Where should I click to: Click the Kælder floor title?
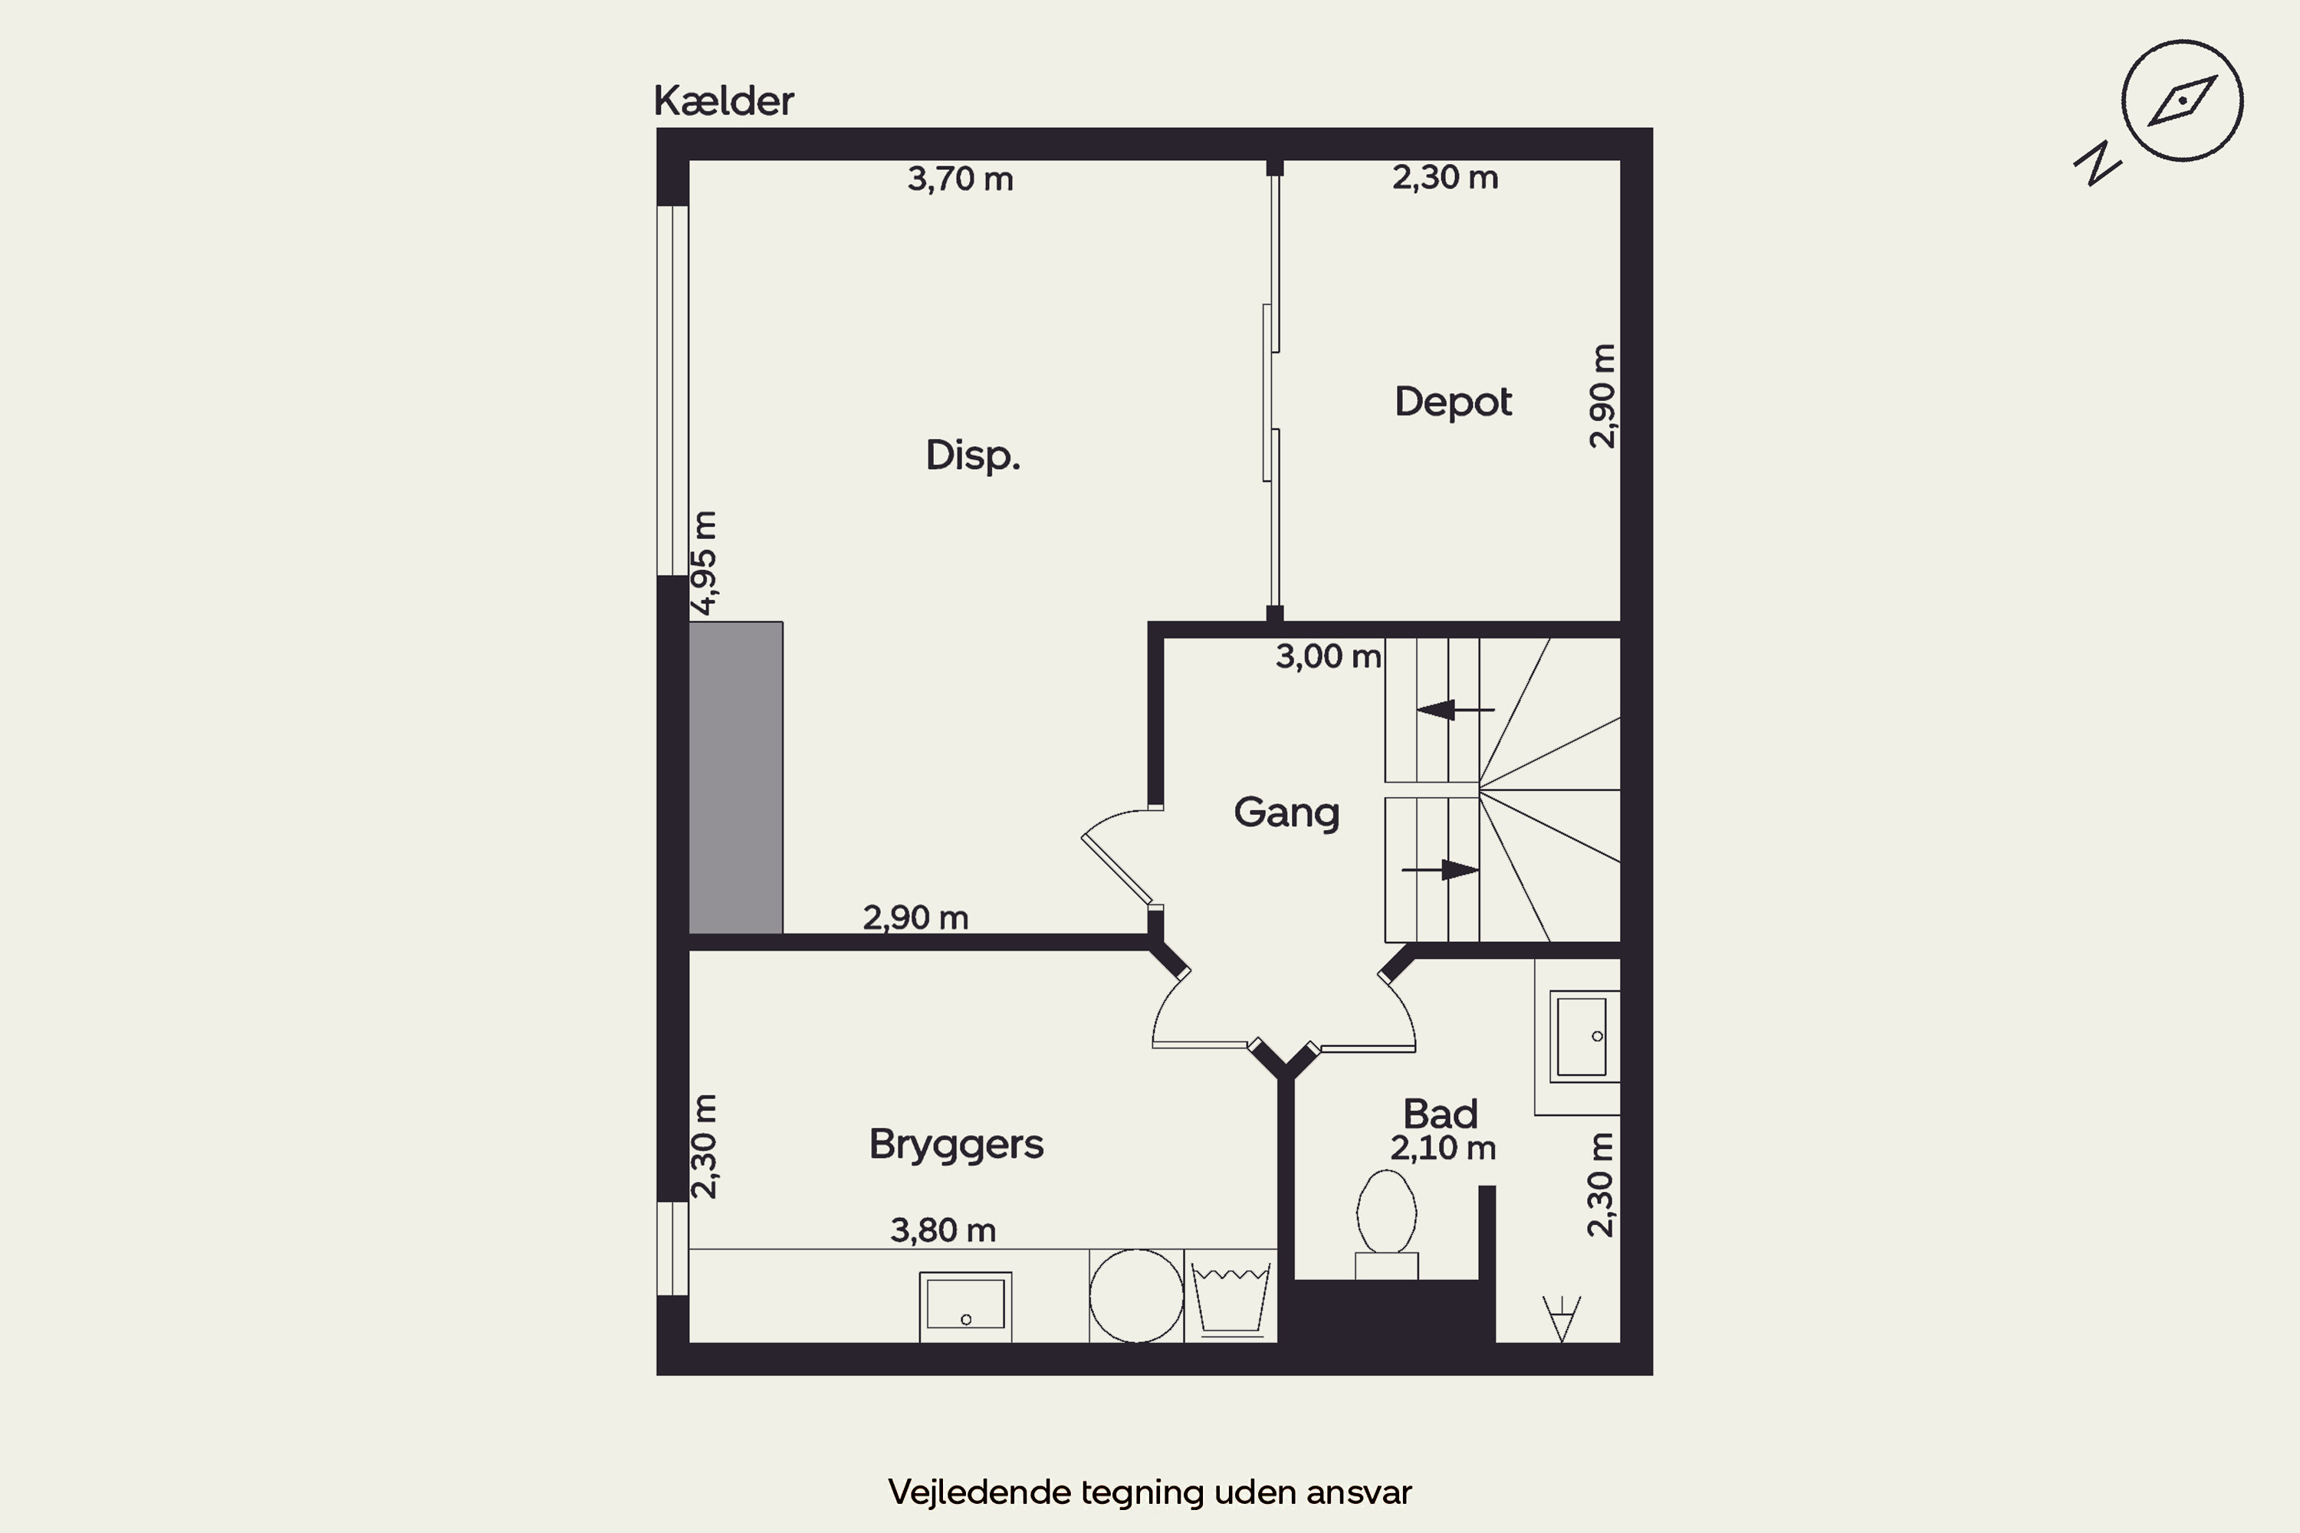pyautogui.click(x=724, y=100)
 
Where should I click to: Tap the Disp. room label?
pyautogui.click(x=973, y=455)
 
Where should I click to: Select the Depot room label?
pyautogui.click(x=1453, y=402)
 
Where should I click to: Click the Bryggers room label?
pyautogui.click(x=956, y=1144)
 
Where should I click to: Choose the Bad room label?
pyautogui.click(x=1441, y=1114)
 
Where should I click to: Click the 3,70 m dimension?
pyautogui.click(x=961, y=179)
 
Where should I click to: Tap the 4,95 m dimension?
pyautogui.click(x=704, y=563)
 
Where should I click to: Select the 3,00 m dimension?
pyautogui.click(x=1328, y=656)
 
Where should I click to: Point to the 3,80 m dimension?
pyautogui.click(x=943, y=1230)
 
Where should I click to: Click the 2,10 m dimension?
pyautogui.click(x=1444, y=1147)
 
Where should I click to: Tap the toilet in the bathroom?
pyautogui.click(x=1387, y=1224)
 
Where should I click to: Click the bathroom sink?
pyautogui.click(x=1584, y=1036)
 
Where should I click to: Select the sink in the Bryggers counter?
pyautogui.click(x=965, y=1307)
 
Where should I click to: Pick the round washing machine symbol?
pyautogui.click(x=1136, y=1295)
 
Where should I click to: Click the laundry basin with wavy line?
pyautogui.click(x=1231, y=1298)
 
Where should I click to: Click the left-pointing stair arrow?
pyautogui.click(x=1455, y=710)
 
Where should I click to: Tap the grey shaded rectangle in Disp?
pyautogui.click(x=735, y=777)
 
